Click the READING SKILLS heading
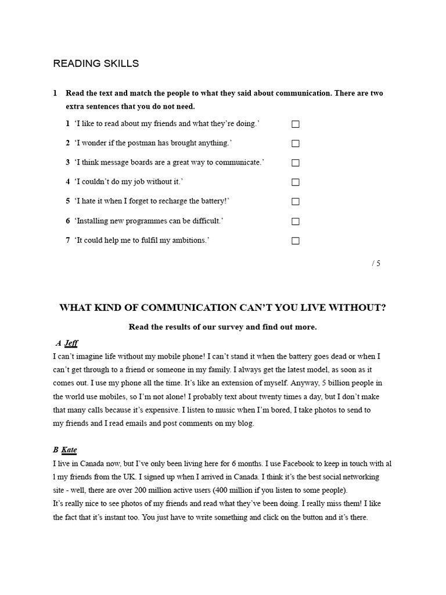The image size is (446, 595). click(x=96, y=63)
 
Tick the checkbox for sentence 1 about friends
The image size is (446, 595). click(x=295, y=124)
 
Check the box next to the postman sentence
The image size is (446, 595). click(x=295, y=144)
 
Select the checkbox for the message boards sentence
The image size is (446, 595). click(x=295, y=163)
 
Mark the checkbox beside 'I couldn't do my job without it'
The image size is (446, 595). click(x=295, y=182)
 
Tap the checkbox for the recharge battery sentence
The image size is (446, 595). click(x=295, y=202)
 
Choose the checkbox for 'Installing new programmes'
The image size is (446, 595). click(x=295, y=221)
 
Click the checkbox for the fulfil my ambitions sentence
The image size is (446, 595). click(x=295, y=241)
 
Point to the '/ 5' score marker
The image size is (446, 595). click(x=376, y=263)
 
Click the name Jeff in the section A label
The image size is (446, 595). click(x=71, y=343)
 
